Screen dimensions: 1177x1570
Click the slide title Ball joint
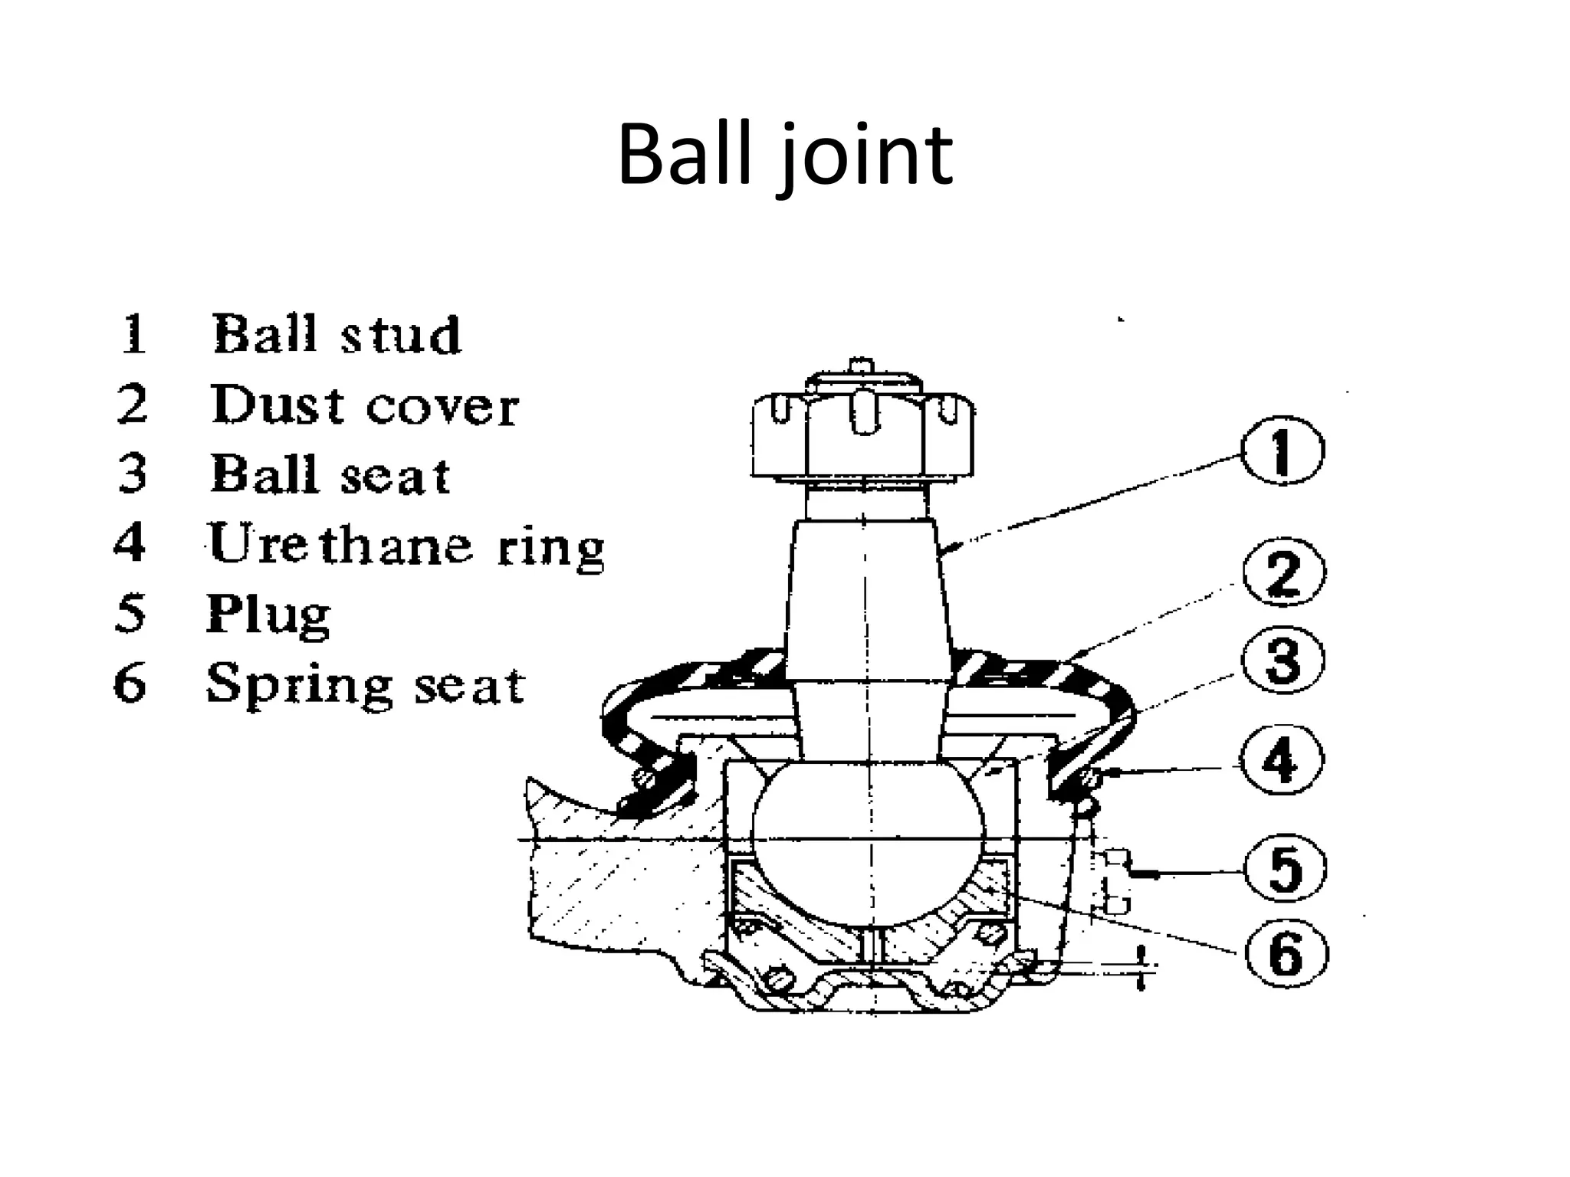tap(784, 157)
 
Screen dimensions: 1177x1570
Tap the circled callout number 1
tap(1283, 451)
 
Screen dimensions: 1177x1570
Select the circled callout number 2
tap(1283, 573)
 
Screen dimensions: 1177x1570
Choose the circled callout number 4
tap(1283, 761)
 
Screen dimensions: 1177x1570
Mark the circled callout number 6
tap(1285, 955)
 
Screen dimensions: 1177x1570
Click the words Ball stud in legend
tap(337, 335)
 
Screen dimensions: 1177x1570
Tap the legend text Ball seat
tap(330, 474)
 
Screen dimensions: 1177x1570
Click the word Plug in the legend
tap(268, 614)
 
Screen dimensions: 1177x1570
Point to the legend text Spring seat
tap(366, 684)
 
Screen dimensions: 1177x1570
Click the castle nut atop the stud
tap(863, 437)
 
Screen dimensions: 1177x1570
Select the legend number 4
tap(130, 543)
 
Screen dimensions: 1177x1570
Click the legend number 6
tap(130, 684)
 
